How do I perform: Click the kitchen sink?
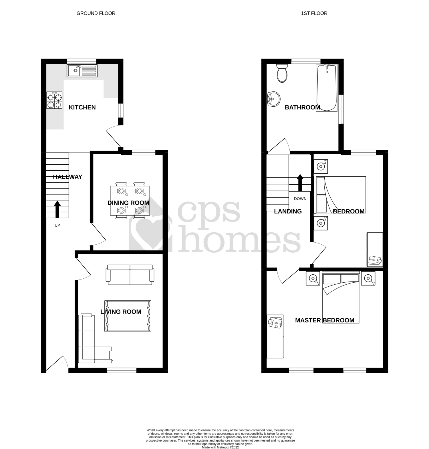coord(82,71)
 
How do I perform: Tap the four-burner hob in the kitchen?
coord(54,100)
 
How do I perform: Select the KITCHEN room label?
coord(82,107)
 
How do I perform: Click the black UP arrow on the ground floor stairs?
coord(57,209)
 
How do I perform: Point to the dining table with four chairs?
coord(130,201)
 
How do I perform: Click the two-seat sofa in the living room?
coord(130,275)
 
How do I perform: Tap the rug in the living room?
coord(128,316)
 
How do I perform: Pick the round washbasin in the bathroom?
coord(273,99)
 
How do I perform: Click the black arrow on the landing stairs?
coord(300,183)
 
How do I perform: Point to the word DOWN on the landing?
coord(300,199)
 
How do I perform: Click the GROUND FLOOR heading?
coord(96,13)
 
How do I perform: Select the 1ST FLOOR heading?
coord(314,13)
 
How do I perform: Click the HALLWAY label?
coord(67,177)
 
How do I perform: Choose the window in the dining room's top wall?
coord(144,153)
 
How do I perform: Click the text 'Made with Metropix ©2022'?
coord(220,447)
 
